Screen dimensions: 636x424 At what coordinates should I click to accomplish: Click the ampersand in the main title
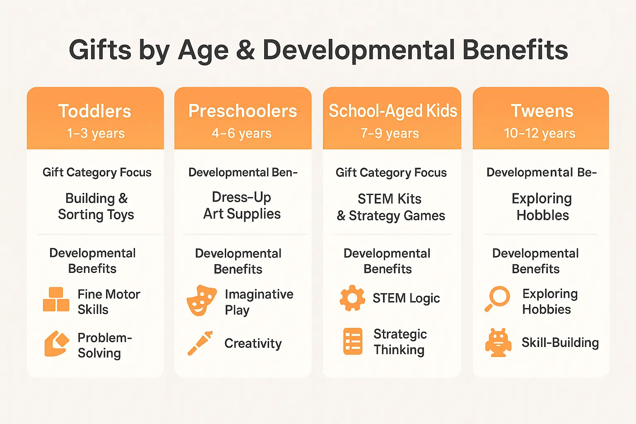point(245,50)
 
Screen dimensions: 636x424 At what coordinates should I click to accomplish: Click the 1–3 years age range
point(96,133)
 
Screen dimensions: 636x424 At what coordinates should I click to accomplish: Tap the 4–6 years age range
point(242,133)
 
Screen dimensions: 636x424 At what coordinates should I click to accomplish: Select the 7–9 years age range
point(390,133)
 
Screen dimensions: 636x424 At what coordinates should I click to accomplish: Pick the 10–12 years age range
point(540,133)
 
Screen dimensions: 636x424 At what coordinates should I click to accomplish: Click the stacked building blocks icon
point(56,299)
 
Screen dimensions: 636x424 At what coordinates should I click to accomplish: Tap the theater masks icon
point(202,301)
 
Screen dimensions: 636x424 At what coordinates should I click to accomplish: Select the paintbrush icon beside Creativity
point(200,343)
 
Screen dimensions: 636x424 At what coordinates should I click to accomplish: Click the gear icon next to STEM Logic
point(352,298)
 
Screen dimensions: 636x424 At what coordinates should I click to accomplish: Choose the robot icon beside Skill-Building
point(498,343)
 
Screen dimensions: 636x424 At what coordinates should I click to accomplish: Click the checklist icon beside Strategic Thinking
point(353,341)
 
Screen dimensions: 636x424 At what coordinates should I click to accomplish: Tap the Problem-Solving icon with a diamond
point(56,344)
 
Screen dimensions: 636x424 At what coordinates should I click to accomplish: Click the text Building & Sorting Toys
point(96,207)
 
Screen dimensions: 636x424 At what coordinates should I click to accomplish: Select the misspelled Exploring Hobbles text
point(542,207)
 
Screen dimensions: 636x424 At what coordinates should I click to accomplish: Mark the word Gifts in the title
point(100,50)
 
